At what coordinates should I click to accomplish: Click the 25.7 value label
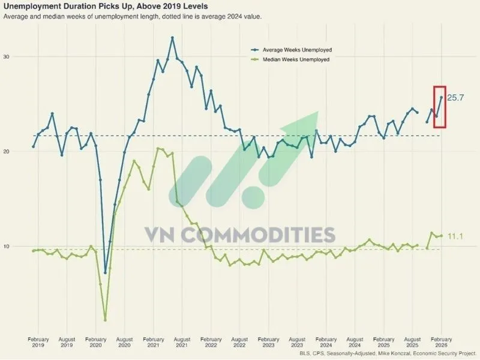456,98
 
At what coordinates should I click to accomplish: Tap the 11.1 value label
455,236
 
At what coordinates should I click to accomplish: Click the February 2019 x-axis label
38,343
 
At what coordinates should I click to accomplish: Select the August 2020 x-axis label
124,343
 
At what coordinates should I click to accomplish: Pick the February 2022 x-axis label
211,343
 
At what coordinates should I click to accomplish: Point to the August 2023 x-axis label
297,343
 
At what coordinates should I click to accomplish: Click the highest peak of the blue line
172,38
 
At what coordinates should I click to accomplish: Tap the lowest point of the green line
105,319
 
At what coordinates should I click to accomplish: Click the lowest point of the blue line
105,272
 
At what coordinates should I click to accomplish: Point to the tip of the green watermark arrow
318,112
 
